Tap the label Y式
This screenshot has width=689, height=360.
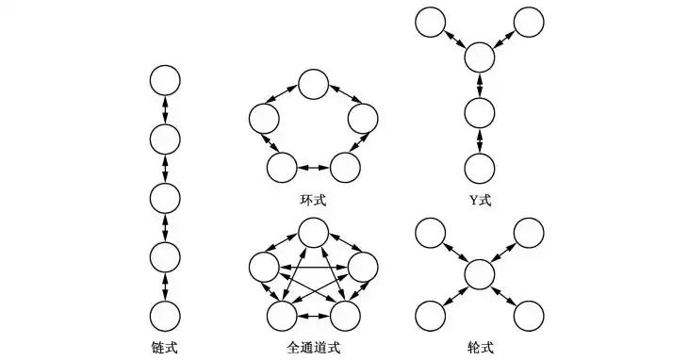pyautogui.click(x=480, y=200)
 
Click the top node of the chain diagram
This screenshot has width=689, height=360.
pyautogui.click(x=165, y=81)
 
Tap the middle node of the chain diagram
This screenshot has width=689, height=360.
pyautogui.click(x=165, y=199)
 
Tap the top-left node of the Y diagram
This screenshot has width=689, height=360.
pyautogui.click(x=430, y=20)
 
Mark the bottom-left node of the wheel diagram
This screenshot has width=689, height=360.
pyautogui.click(x=430, y=314)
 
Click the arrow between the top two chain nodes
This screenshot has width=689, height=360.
pyautogui.click(x=165, y=110)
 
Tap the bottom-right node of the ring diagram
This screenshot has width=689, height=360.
pyautogui.click(x=345, y=167)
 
